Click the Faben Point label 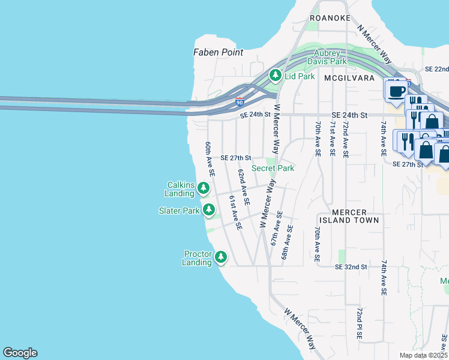click(x=218, y=52)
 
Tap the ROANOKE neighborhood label click(x=330, y=18)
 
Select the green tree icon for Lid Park click(x=276, y=75)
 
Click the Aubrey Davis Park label click(x=327, y=57)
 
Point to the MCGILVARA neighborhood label click(x=349, y=78)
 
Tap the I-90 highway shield click(x=240, y=103)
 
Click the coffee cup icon click(x=396, y=91)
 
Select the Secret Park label click(x=273, y=168)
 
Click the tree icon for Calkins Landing click(x=204, y=189)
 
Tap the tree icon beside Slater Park click(x=209, y=210)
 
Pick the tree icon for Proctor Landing click(x=221, y=257)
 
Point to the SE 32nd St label click(x=351, y=266)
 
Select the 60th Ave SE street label click(x=209, y=159)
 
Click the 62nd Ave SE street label click(x=243, y=184)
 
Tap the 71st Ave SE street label click(x=332, y=139)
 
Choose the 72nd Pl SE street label click(x=358, y=324)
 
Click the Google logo click(x=20, y=353)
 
